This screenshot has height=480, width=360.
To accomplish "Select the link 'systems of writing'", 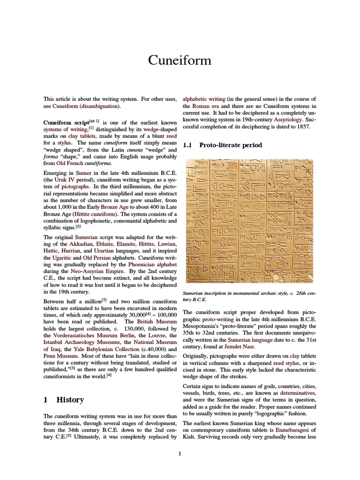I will click(65, 128).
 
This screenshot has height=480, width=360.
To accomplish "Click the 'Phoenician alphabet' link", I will click(150, 264).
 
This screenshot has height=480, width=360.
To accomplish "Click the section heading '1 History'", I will click(64, 400).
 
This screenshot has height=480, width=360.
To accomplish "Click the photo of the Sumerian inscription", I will click(250, 221).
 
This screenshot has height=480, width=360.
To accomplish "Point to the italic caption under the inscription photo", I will click(249, 295).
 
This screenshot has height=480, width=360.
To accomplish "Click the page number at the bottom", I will click(180, 453).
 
